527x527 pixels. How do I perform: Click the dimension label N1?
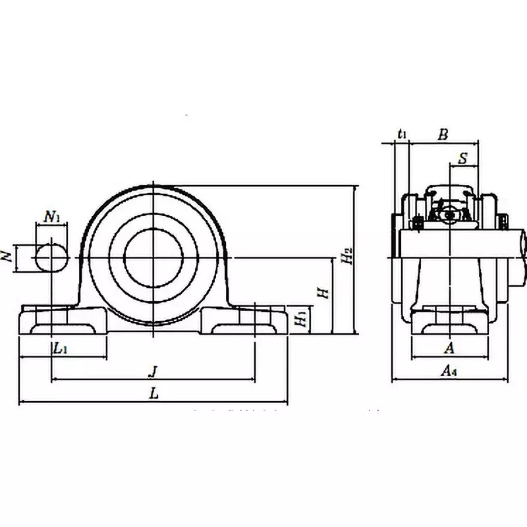[x=52, y=216]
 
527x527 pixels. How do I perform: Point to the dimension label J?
[x=153, y=372]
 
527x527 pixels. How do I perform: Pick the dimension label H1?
[x=300, y=319]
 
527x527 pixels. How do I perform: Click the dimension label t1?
[x=402, y=134]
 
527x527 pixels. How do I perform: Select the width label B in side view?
[x=443, y=134]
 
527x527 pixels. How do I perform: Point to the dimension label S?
[x=463, y=158]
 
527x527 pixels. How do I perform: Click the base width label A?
[x=449, y=348]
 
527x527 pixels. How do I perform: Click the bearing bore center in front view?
[x=153, y=258]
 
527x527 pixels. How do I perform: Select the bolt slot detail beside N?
[x=51, y=258]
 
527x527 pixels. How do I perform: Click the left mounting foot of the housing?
[x=63, y=321]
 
